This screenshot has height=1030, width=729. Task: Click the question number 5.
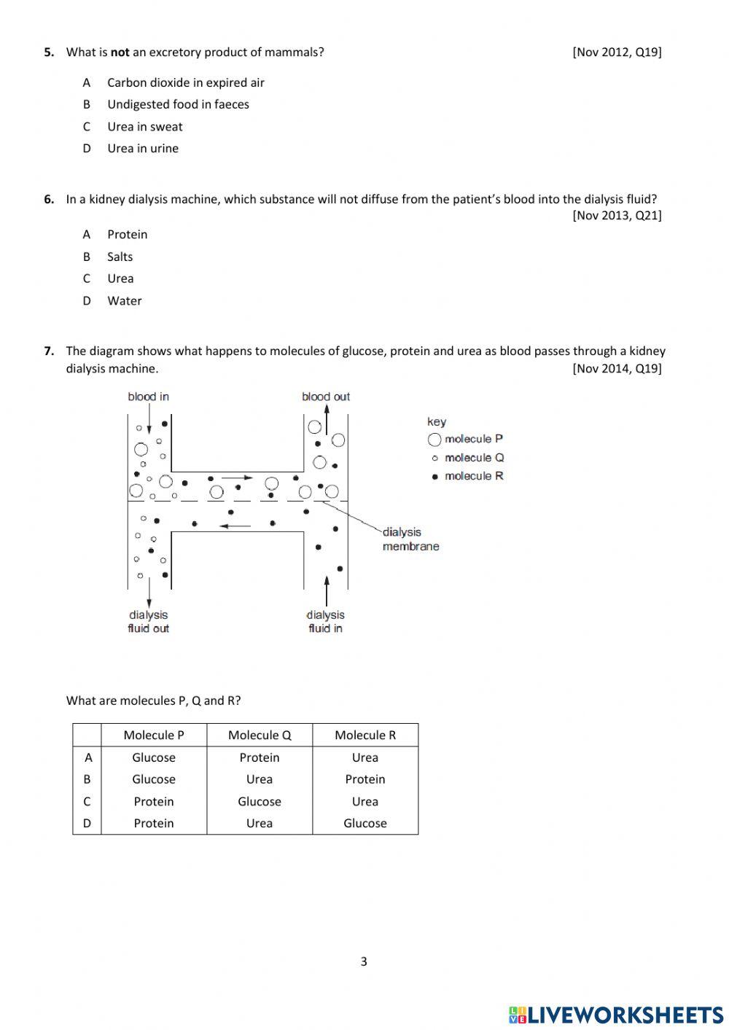click(49, 52)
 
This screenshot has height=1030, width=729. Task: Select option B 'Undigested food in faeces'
click(178, 104)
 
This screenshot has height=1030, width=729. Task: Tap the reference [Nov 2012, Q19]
click(617, 52)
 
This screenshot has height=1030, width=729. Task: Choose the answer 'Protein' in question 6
click(127, 234)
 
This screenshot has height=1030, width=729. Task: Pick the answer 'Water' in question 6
click(124, 300)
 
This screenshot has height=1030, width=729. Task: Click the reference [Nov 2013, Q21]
click(617, 215)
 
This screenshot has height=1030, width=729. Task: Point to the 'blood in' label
click(148, 397)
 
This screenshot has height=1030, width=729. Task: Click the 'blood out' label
click(326, 397)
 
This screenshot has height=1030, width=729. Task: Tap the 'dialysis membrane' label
click(410, 539)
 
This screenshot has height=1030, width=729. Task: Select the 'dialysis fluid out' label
click(149, 622)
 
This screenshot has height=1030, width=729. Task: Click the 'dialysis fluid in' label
click(325, 622)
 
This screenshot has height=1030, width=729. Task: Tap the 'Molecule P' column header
click(154, 735)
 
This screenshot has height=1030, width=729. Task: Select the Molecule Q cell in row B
click(260, 779)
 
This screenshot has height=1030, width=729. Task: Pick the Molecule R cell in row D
click(365, 823)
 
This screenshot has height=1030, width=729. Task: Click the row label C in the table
click(87, 801)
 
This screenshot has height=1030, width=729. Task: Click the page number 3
click(364, 961)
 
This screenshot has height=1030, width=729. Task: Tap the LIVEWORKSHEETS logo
click(616, 1014)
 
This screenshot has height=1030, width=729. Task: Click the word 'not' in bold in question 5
click(120, 52)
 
